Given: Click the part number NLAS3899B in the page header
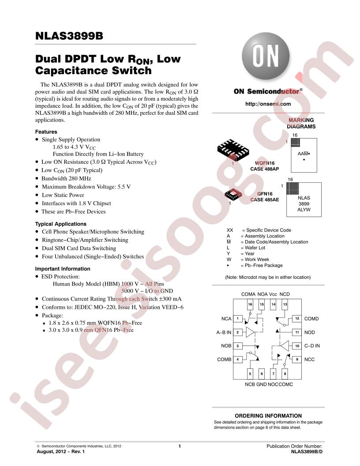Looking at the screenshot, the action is pos(69,36).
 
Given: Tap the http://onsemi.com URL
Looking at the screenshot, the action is pos(268,104).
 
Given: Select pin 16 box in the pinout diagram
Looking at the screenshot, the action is pos(250,304).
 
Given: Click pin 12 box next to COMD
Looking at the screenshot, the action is pos(297,318).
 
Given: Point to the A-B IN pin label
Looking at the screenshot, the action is pos(224,332).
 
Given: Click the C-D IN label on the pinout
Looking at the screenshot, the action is pos(312,346).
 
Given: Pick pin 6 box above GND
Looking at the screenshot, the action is pos(262,374).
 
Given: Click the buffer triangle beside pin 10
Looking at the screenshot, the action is pos(284,346).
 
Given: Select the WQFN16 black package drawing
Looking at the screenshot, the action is pos(233,150).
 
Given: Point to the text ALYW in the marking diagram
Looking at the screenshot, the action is pos(304,210).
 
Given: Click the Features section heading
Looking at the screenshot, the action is pos(46,132).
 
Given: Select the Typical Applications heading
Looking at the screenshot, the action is pos(60,224).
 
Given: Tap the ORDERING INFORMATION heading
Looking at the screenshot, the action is pos(268,416).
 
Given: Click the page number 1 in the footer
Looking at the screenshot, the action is pos(180,446).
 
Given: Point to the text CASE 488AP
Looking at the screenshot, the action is pos(264,169).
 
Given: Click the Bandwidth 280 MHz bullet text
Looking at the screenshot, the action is pos(66,178).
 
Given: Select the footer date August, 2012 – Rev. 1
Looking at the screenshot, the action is pos(60,451).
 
